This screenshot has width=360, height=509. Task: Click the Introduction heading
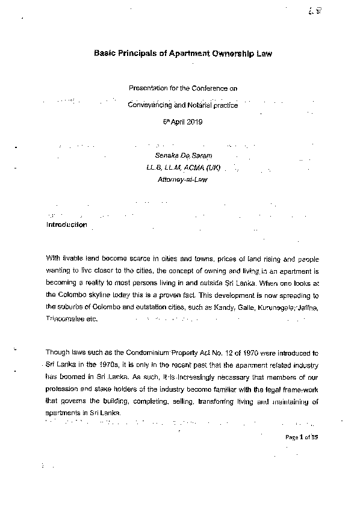tap(67, 225)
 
